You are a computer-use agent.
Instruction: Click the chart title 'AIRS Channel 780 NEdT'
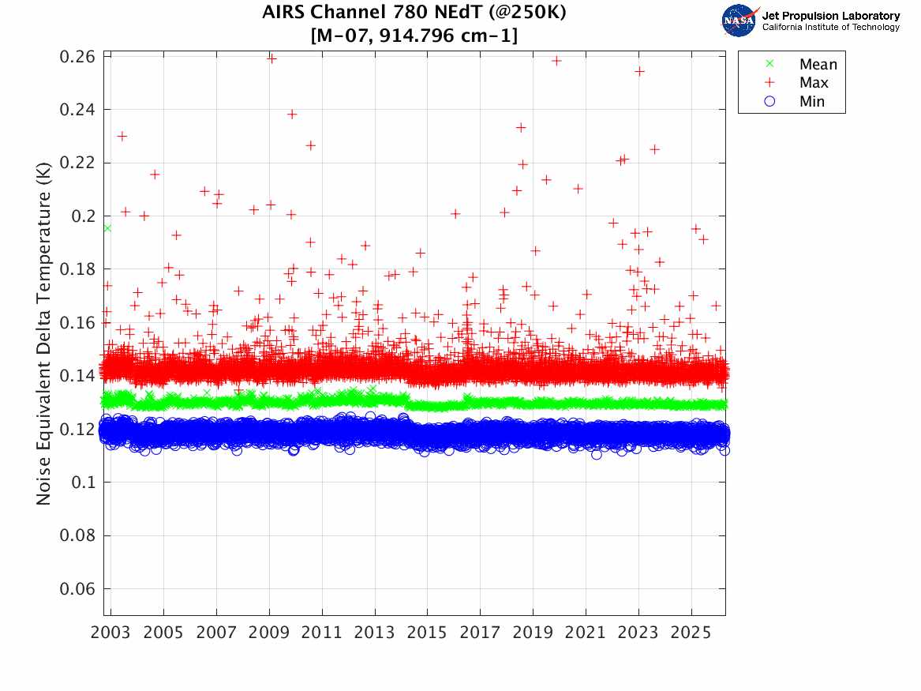(x=414, y=13)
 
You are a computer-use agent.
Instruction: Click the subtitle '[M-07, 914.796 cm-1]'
(x=414, y=36)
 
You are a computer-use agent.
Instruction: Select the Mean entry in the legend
(x=818, y=65)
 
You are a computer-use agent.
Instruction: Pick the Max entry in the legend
(x=813, y=83)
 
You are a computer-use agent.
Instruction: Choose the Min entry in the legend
(x=811, y=101)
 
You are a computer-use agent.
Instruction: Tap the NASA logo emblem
(x=739, y=21)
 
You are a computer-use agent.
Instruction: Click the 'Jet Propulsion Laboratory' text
(x=830, y=16)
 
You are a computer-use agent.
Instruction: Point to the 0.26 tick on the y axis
(x=77, y=56)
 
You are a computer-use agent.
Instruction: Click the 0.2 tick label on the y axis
(x=82, y=216)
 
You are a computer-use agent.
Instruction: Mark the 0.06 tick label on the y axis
(x=77, y=589)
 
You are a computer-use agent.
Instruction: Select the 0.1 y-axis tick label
(x=82, y=483)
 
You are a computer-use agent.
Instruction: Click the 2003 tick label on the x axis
(x=111, y=634)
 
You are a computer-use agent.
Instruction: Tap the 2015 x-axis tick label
(x=427, y=634)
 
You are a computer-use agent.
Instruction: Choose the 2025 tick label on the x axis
(x=691, y=634)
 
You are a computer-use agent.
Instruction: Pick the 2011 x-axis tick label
(x=322, y=634)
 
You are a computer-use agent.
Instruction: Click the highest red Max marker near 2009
(x=271, y=58)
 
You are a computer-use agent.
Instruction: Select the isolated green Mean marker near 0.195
(x=107, y=227)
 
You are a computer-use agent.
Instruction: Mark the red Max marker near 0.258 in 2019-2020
(x=556, y=60)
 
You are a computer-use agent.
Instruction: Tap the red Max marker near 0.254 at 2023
(x=639, y=71)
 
